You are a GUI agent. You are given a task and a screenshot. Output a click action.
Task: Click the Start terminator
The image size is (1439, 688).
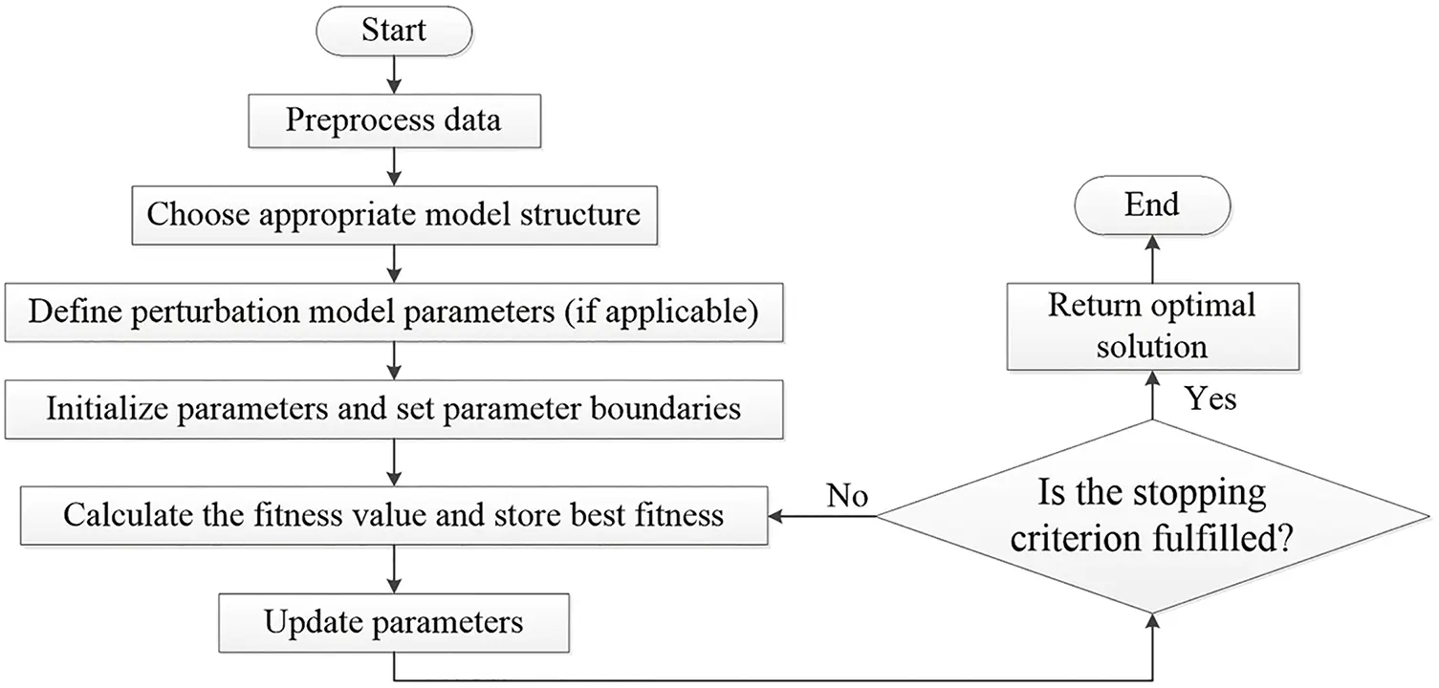click(x=393, y=31)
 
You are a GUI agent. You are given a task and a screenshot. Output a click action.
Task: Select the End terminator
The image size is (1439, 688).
click(x=1152, y=204)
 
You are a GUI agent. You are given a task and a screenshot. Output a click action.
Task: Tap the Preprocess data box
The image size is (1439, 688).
click(x=393, y=121)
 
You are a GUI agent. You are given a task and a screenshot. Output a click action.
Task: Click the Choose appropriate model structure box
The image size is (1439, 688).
click(x=393, y=213)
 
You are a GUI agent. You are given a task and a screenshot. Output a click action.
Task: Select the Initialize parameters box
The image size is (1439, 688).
click(x=393, y=409)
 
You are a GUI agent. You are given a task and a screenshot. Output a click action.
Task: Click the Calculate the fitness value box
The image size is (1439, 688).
click(x=393, y=516)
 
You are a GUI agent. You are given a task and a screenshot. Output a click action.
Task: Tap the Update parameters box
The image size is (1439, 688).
click(x=393, y=623)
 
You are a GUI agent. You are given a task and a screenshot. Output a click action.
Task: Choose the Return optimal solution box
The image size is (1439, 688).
click(x=1152, y=326)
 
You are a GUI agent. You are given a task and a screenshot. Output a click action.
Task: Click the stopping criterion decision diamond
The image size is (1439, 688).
click(x=1152, y=517)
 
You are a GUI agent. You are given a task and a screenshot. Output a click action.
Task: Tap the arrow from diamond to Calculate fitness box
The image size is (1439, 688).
click(x=822, y=517)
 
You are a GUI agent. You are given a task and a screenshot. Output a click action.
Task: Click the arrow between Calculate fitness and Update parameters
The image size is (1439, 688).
click(x=393, y=570)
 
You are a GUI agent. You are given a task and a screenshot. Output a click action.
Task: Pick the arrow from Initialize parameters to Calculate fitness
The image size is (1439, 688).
click(x=393, y=461)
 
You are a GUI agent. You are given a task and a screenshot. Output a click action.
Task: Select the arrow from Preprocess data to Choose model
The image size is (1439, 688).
click(x=393, y=168)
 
